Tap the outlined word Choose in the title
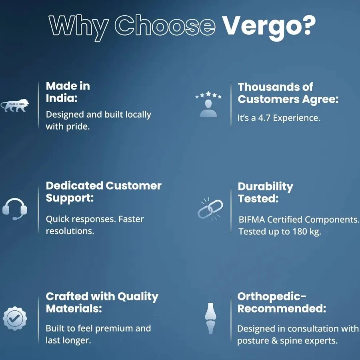click(165, 25)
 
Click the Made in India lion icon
click(15, 106)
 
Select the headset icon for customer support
click(15, 209)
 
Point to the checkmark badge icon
click(15, 318)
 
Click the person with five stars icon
click(208, 104)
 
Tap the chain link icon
click(210, 209)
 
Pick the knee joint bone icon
click(210, 318)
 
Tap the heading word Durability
click(266, 187)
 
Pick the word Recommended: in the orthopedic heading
click(282, 308)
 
